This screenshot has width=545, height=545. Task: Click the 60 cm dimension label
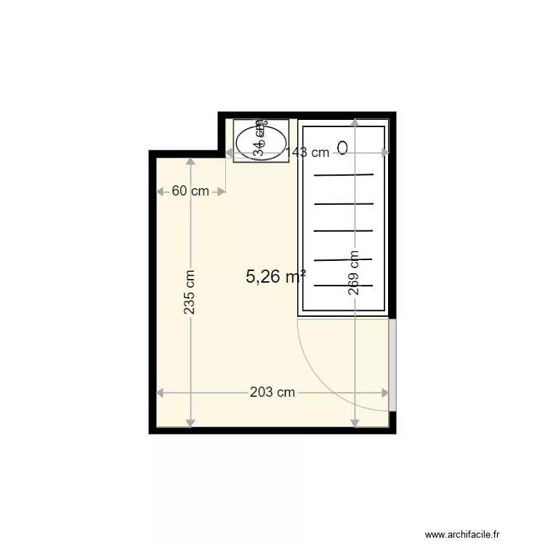tap(190, 191)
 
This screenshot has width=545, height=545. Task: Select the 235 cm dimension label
tap(190, 292)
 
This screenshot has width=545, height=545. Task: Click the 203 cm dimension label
tap(272, 392)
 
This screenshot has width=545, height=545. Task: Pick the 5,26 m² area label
tap(275, 276)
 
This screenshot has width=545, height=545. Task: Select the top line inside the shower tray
tap(344, 175)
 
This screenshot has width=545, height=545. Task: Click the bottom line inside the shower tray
tap(344, 286)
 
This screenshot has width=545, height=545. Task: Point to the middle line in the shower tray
tap(344, 231)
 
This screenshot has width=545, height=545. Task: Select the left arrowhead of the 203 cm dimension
tap(161, 392)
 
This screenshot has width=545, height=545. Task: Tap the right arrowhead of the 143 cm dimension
tap(385, 153)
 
